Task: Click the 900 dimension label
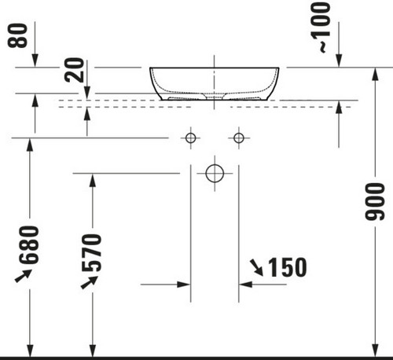[375, 201]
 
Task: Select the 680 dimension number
[29, 244]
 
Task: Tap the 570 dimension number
[91, 253]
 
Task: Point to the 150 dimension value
[288, 267]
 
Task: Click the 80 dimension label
[17, 35]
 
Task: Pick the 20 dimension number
[75, 70]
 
